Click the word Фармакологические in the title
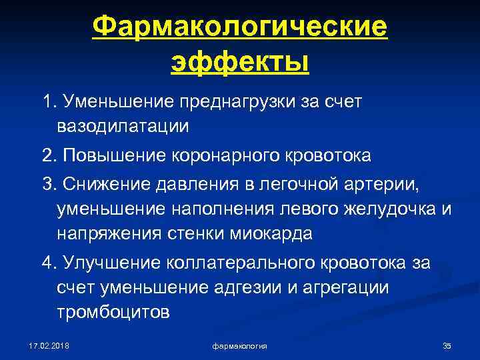[240, 28]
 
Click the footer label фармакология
[240, 345]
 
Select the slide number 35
[447, 345]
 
